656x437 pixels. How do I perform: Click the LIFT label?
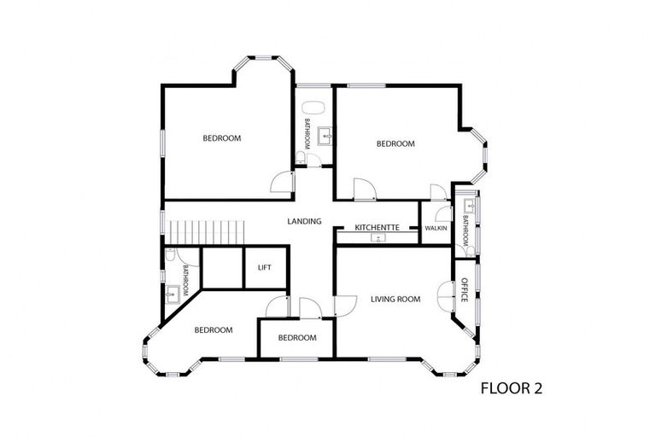(264, 267)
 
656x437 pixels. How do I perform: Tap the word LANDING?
(304, 222)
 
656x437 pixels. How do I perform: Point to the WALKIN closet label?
(436, 228)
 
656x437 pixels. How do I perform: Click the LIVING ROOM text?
(395, 299)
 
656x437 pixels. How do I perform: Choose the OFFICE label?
(465, 289)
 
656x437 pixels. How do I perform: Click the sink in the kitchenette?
(376, 238)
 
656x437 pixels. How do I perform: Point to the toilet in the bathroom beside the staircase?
(172, 256)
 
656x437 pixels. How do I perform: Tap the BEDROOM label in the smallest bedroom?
(297, 338)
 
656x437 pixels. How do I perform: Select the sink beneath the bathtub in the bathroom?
(325, 136)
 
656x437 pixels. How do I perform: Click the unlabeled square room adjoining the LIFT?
(222, 267)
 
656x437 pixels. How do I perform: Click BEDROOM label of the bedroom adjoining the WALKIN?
(395, 144)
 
